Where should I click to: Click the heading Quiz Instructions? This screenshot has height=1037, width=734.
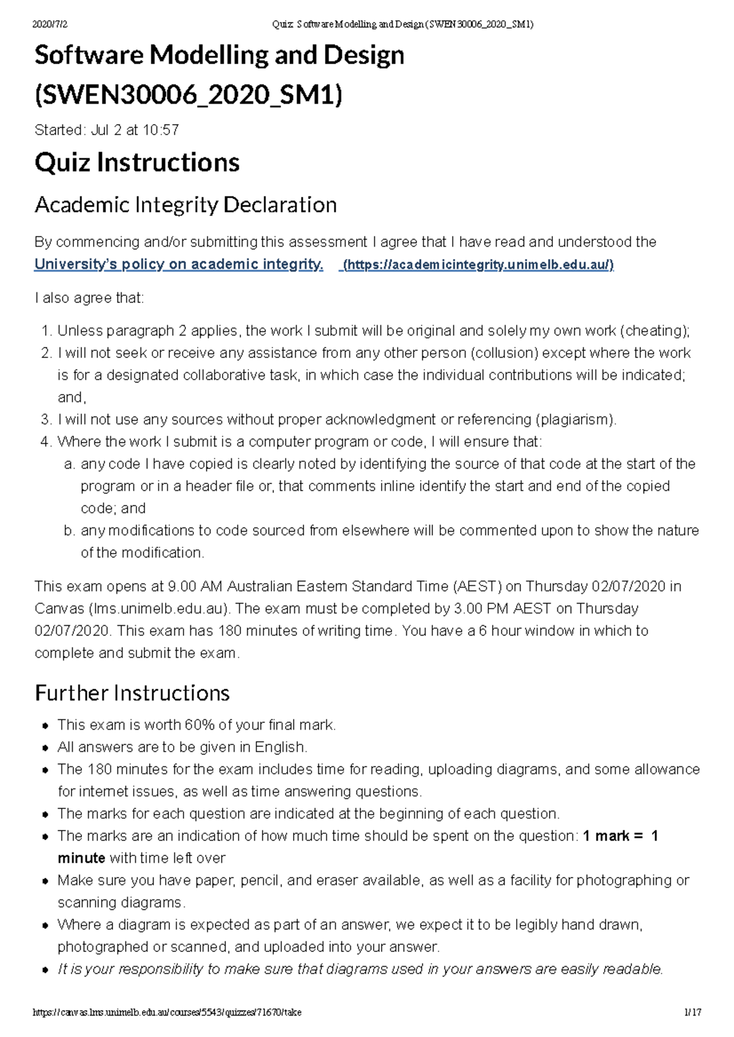(x=137, y=163)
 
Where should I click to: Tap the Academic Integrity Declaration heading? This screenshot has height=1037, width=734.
(x=185, y=205)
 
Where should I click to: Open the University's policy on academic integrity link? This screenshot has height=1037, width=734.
(x=179, y=265)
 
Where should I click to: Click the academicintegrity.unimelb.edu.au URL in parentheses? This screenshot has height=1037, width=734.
(x=478, y=265)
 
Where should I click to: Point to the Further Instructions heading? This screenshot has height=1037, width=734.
(x=132, y=693)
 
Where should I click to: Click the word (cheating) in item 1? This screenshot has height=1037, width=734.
(x=654, y=331)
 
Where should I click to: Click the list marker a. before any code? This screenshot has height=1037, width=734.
(x=70, y=464)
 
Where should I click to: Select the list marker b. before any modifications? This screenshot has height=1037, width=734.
(x=70, y=530)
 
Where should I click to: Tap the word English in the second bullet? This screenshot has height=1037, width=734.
(x=280, y=747)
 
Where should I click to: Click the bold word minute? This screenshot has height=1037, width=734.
(x=81, y=858)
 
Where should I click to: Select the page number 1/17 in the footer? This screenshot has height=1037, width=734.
(x=693, y=1013)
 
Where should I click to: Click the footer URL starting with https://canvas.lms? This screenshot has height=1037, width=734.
(x=167, y=1013)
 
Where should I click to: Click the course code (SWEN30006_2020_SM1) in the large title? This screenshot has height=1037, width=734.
(x=188, y=95)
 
